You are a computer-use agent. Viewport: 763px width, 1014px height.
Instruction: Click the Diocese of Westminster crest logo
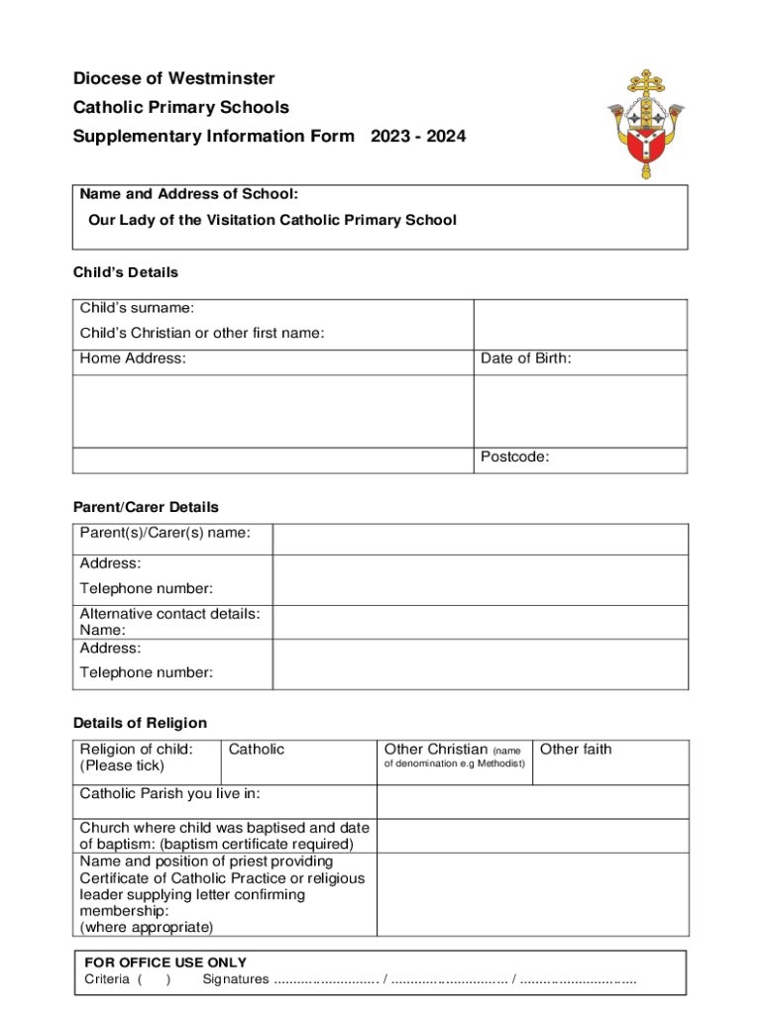pyautogui.click(x=645, y=124)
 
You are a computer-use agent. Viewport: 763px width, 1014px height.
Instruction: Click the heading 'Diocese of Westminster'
pyautogui.click(x=173, y=78)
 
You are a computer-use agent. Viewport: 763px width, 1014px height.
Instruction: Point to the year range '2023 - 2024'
pyautogui.click(x=418, y=137)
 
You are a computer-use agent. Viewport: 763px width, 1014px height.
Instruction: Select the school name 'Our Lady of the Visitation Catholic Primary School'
pyautogui.click(x=272, y=220)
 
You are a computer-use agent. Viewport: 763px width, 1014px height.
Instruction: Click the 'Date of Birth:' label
pyautogui.click(x=525, y=358)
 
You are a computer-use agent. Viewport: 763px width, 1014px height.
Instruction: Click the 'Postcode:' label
pyautogui.click(x=514, y=456)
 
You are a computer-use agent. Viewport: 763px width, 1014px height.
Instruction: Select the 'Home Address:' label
pyautogui.click(x=133, y=358)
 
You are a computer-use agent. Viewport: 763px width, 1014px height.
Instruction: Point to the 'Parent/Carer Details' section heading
pyautogui.click(x=146, y=507)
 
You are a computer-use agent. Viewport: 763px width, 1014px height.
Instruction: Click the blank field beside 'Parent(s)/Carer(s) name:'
pyautogui.click(x=480, y=539)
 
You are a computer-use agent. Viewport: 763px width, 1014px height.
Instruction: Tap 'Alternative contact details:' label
pyautogui.click(x=169, y=614)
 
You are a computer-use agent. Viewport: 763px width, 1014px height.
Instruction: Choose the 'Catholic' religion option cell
pyautogui.click(x=297, y=761)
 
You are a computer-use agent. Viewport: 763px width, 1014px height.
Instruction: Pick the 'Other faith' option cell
pyautogui.click(x=610, y=761)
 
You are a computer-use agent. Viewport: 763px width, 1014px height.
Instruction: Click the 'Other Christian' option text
pyautogui.click(x=436, y=750)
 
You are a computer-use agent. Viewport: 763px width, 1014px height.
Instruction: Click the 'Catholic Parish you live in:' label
pyautogui.click(x=169, y=793)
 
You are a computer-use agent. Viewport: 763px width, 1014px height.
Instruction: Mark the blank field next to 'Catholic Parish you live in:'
pyautogui.click(x=532, y=801)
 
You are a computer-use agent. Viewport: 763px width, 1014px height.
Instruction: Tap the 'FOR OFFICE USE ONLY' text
pyautogui.click(x=165, y=963)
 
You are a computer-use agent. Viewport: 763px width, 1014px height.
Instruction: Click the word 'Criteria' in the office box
pyautogui.click(x=107, y=979)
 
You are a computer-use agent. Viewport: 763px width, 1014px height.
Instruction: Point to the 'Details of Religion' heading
pyautogui.click(x=140, y=723)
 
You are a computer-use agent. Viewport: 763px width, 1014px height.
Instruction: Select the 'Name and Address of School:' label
pyautogui.click(x=189, y=194)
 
